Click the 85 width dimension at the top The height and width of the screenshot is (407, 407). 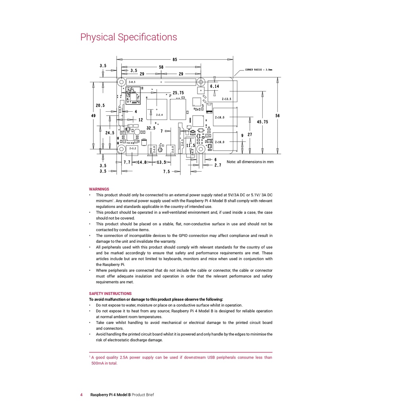tap(175, 60)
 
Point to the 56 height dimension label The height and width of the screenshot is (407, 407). tap(277, 116)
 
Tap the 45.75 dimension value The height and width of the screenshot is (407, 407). tap(262, 122)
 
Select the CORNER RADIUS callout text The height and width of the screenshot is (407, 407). tap(258, 70)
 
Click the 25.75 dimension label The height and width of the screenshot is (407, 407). tap(178, 93)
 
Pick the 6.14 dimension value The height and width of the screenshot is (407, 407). tap(215, 86)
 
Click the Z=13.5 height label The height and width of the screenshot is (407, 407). tap(227, 99)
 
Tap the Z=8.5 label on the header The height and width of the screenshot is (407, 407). tap(132, 82)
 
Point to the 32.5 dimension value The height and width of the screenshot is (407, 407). tap(151, 128)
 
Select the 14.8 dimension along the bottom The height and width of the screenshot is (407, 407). tap(142, 162)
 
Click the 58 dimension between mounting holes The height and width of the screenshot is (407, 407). tap(161, 67)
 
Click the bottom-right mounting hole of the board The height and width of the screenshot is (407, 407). tap(201, 149)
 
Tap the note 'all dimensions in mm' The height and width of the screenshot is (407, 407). tap(250, 162)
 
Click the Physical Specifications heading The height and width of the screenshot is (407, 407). tap(129, 37)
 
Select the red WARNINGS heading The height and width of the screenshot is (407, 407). tap(99, 189)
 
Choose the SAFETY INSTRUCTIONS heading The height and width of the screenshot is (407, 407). tap(110, 294)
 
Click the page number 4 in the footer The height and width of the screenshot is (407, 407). tap(81, 395)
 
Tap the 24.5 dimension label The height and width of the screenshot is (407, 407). tap(110, 133)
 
